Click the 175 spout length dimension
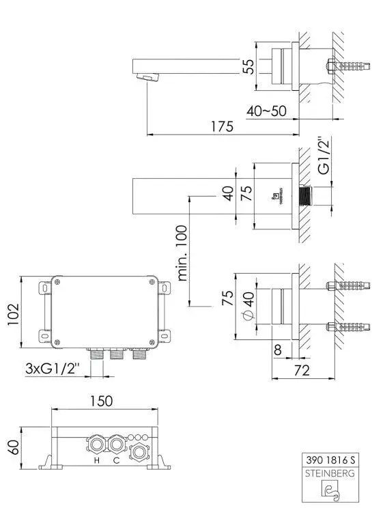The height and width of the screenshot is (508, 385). coord(222,126)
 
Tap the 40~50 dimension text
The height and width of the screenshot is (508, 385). coord(266,110)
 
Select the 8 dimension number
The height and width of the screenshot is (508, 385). coord(278,350)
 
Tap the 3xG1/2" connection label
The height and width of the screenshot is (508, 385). coord(53,368)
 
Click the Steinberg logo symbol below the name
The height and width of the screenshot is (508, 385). coord(331,489)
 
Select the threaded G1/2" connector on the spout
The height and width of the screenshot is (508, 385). coord(306,196)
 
